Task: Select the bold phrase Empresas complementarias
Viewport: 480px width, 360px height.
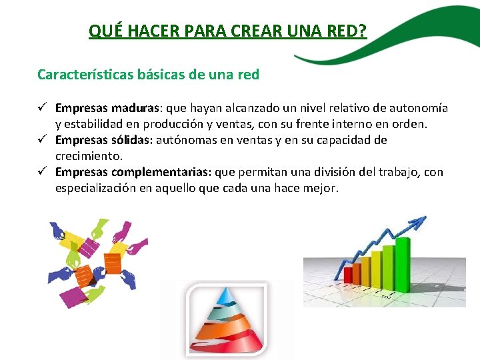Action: point(133,172)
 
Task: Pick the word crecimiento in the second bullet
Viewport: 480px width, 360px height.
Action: point(89,156)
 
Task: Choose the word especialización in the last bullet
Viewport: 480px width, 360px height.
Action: point(99,188)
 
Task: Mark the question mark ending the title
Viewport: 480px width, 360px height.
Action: point(363,31)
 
